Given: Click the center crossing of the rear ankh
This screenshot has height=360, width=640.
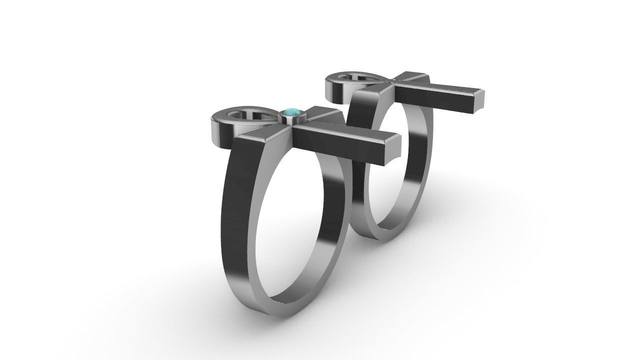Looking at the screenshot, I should point(395,80).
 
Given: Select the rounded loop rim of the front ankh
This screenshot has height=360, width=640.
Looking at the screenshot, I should point(220,125).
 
